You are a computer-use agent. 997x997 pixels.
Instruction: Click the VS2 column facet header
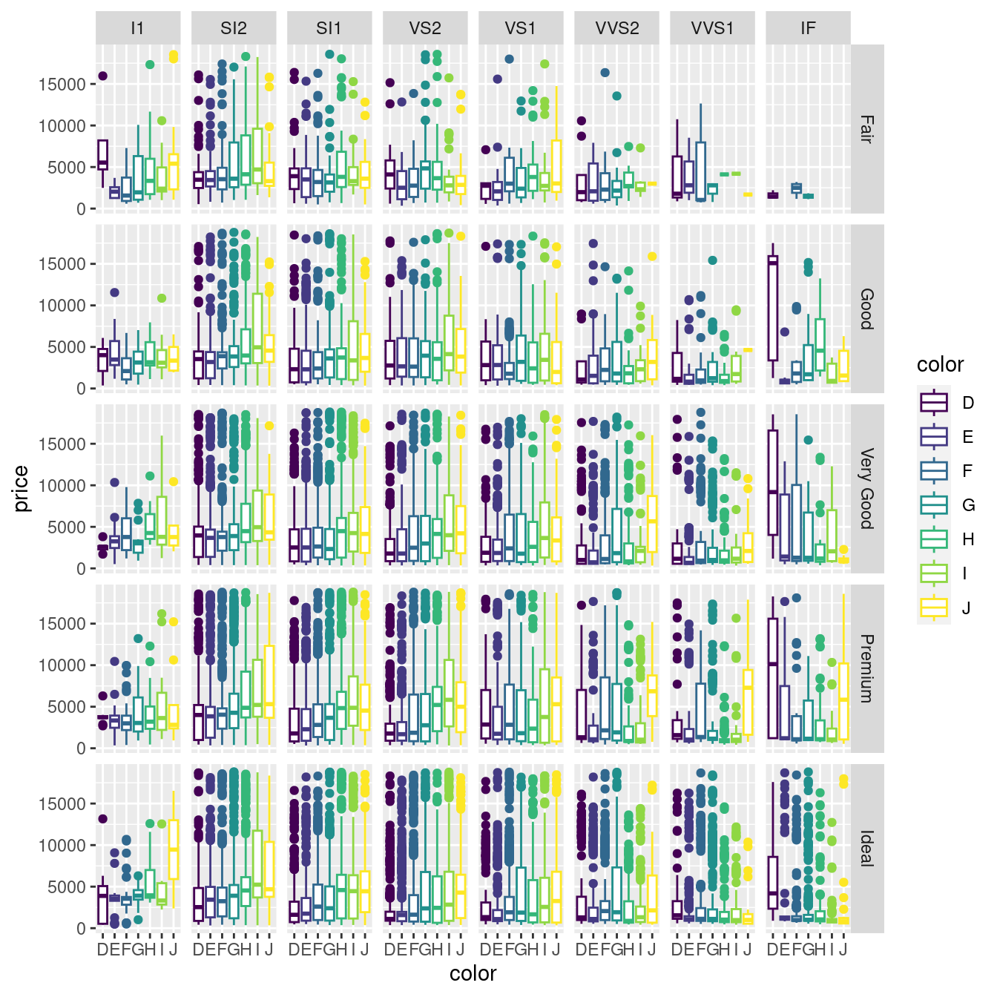pos(425,28)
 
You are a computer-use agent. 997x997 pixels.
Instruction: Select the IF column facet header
pos(808,28)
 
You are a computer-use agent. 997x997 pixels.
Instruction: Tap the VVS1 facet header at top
pos(712,28)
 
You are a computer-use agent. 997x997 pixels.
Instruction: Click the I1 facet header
pos(138,28)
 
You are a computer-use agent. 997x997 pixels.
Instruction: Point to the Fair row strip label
pos(866,128)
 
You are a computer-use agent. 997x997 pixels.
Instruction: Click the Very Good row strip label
pos(866,488)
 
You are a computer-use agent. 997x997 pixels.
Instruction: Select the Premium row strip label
pos(866,668)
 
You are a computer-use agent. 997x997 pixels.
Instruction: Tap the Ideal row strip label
pos(866,848)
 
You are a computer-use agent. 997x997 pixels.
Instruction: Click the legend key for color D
pos(934,403)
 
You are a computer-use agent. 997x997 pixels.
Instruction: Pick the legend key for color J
pos(934,608)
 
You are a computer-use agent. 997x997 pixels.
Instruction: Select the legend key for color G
pos(934,505)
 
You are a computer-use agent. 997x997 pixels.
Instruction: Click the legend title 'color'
pos(940,365)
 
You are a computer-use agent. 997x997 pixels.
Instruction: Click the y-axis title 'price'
pos(21,488)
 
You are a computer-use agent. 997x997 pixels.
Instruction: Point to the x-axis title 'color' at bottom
pos(473,973)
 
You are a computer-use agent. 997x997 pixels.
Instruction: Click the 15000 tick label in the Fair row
pos(62,85)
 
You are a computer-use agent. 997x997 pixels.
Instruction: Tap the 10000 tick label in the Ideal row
pos(62,846)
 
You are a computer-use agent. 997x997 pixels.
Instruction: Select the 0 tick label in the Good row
pos(81,389)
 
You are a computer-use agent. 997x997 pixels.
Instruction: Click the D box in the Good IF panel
pos(772,309)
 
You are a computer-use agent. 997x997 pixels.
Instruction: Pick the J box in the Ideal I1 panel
pos(174,849)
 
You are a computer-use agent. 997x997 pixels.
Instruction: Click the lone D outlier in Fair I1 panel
pos(103,76)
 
